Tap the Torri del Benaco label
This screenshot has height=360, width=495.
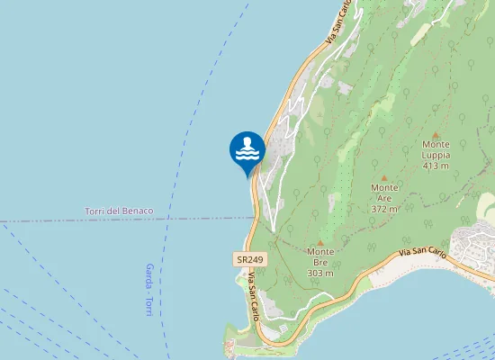pyautogui.click(x=119, y=211)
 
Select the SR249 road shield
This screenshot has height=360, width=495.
pyautogui.click(x=249, y=259)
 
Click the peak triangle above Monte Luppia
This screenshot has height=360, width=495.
pyautogui.click(x=436, y=132)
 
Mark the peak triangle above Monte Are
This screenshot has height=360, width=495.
pyautogui.click(x=384, y=177)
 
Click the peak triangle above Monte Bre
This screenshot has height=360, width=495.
pyautogui.click(x=320, y=243)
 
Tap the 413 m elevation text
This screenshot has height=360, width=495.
pyautogui.click(x=436, y=166)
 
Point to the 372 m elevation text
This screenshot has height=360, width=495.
pyautogui.click(x=384, y=208)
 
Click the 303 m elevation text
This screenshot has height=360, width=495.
pyautogui.click(x=320, y=273)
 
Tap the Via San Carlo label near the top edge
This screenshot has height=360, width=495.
pyautogui.click(x=337, y=22)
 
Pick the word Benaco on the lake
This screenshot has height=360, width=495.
pyautogui.click(x=138, y=211)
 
